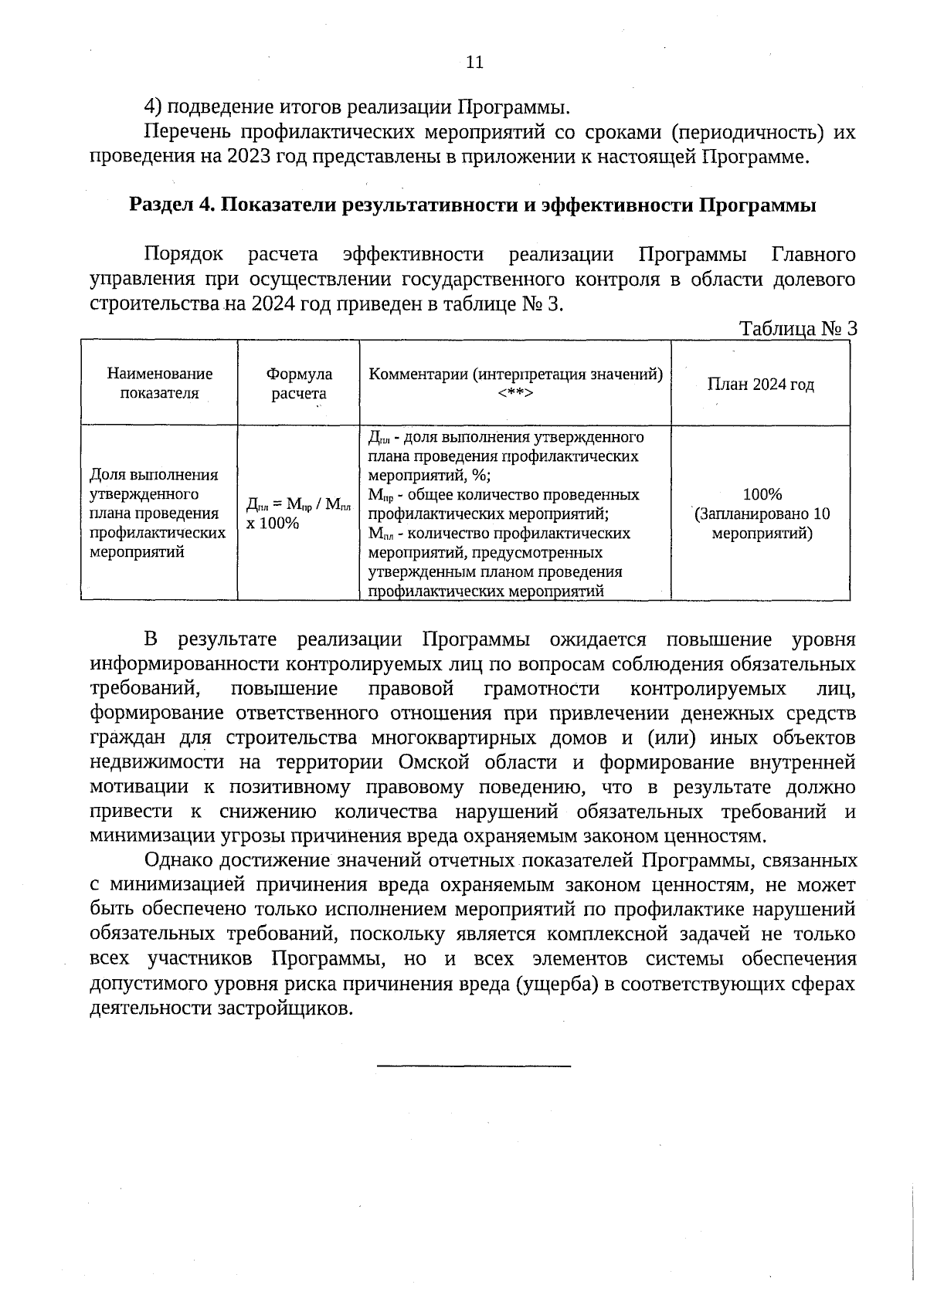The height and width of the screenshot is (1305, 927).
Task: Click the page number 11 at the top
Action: click(x=474, y=63)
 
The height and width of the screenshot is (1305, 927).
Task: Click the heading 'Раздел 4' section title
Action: click(x=473, y=205)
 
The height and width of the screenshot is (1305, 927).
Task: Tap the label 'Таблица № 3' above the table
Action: click(x=798, y=329)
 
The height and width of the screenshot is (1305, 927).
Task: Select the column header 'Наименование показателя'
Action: click(x=159, y=383)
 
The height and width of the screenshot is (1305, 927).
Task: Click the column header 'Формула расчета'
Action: click(x=299, y=383)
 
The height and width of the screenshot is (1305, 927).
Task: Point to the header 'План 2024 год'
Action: click(x=760, y=385)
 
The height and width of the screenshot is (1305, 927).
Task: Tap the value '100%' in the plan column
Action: click(x=762, y=494)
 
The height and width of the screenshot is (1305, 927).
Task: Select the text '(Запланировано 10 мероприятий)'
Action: click(x=762, y=524)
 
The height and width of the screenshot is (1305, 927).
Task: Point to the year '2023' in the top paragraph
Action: click(x=249, y=157)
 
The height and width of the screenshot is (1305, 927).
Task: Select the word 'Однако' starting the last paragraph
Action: click(x=179, y=859)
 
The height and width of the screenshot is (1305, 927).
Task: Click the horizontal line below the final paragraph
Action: click(x=474, y=1066)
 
